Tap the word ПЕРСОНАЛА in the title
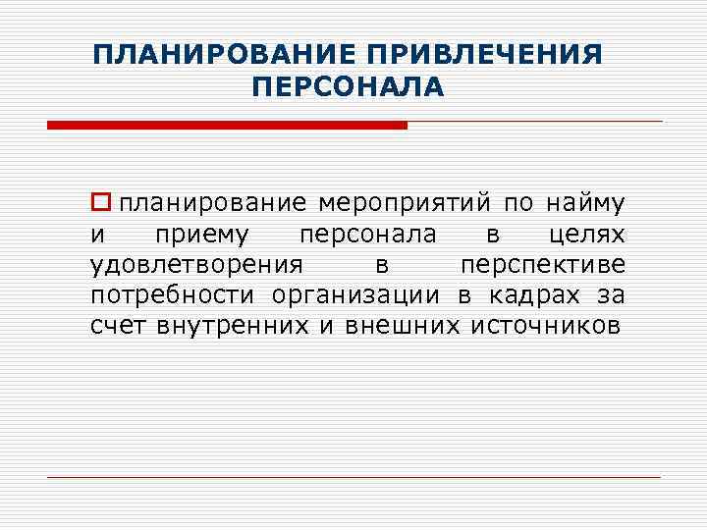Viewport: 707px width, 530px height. pos(348,88)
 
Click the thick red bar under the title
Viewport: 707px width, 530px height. pos(227,126)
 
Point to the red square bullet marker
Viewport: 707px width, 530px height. pos(98,203)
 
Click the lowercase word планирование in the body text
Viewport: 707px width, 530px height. pos(213,204)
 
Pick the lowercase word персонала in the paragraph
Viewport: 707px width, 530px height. pos(368,235)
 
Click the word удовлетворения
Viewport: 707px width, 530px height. pos(195,265)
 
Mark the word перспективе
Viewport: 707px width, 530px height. pos(542,265)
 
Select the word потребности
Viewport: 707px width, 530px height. pos(172,295)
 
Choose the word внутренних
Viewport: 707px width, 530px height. pos(233,326)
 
